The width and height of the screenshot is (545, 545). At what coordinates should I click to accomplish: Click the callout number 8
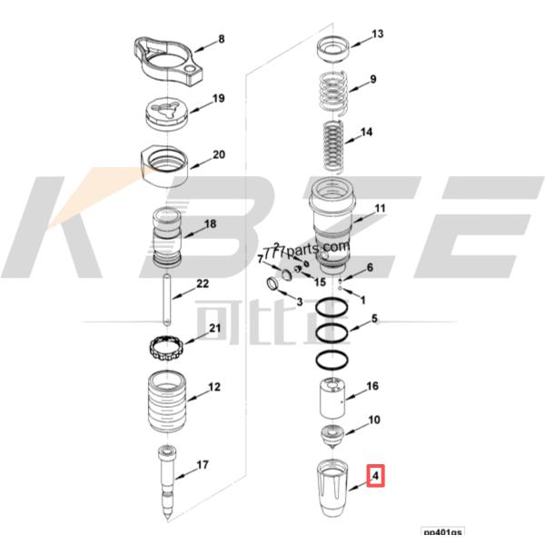click(218, 41)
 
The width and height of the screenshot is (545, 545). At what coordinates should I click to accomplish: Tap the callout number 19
click(218, 98)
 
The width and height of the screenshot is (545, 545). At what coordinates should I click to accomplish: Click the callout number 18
click(210, 223)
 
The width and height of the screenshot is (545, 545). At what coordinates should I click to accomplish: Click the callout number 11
click(380, 209)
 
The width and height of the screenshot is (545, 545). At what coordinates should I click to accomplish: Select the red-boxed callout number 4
click(374, 474)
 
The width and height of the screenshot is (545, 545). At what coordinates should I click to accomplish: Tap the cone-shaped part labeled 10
click(333, 433)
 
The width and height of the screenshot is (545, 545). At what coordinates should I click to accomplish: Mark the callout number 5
click(373, 320)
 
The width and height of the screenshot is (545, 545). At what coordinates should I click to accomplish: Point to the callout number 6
click(370, 267)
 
